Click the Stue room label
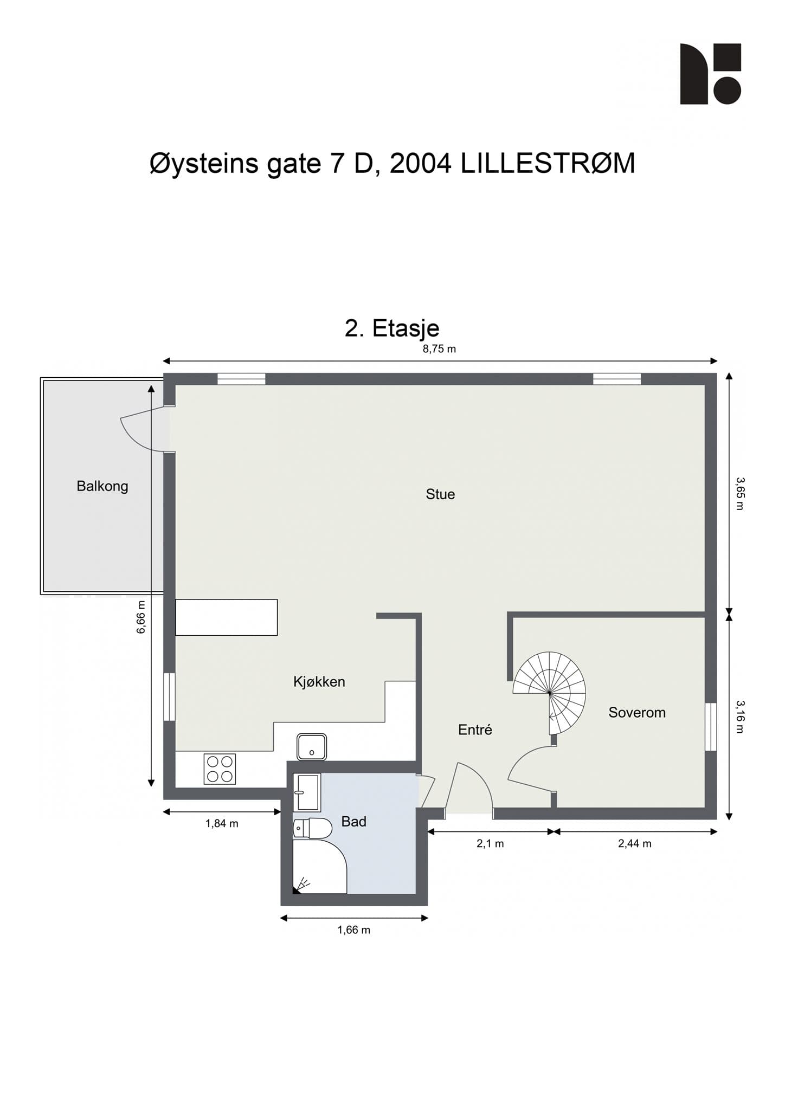point(440,494)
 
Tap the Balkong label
point(102,486)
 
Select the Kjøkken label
point(319,682)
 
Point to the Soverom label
point(637,713)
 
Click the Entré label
point(475,730)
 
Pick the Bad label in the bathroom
point(354,822)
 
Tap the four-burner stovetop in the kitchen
point(220,769)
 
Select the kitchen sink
point(312,747)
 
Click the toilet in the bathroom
point(312,828)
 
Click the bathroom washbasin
point(307,792)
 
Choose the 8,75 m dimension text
point(439,349)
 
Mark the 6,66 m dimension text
point(141,617)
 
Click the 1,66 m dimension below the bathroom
point(354,930)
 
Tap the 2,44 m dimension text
point(635,843)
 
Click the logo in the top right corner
point(711,74)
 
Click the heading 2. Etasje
point(392,328)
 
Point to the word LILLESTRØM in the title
point(548,163)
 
